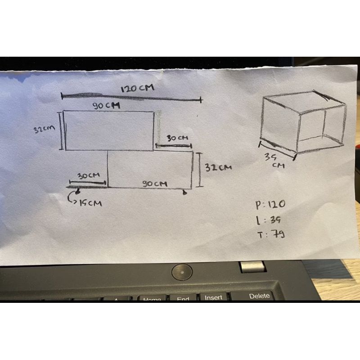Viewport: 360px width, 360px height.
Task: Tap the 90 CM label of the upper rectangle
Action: pyautogui.click(x=106, y=105)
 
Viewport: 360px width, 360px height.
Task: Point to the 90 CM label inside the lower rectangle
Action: pyautogui.click(x=155, y=184)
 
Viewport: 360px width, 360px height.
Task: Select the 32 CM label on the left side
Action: pyautogui.click(x=44, y=129)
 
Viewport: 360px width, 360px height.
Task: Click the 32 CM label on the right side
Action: pyautogui.click(x=219, y=167)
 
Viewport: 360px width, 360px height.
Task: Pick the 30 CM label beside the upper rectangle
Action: pyautogui.click(x=177, y=138)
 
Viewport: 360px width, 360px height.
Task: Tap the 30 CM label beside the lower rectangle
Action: pyautogui.click(x=88, y=176)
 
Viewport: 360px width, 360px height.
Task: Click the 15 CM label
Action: pyautogui.click(x=90, y=203)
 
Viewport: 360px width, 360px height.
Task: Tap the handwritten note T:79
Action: pyautogui.click(x=269, y=234)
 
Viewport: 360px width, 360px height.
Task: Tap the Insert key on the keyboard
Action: pyautogui.click(x=213, y=297)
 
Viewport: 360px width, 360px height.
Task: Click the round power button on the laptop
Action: pyautogui.click(x=182, y=271)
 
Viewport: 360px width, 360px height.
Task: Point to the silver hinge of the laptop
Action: pyautogui.click(x=252, y=266)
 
